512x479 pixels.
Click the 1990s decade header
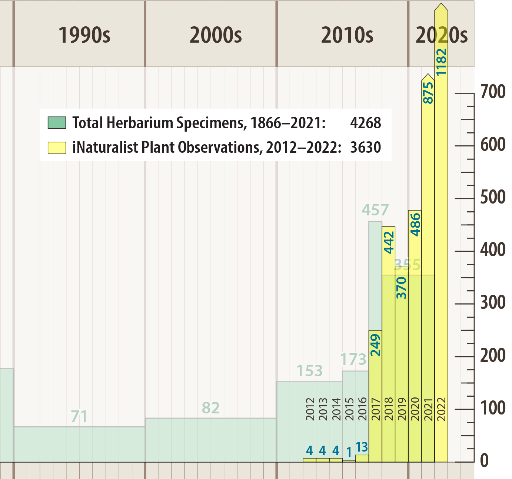(x=84, y=35)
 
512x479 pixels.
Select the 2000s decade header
(x=216, y=35)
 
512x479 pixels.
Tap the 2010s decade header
(x=347, y=35)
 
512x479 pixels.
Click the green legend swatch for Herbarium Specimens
(x=57, y=123)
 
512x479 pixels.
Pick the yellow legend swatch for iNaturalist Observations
(x=57, y=148)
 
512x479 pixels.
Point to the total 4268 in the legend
(x=365, y=123)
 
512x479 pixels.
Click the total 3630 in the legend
(x=365, y=148)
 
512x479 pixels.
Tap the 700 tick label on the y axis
(x=493, y=92)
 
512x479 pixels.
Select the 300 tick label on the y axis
(x=493, y=303)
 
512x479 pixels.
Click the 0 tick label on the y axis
(x=484, y=461)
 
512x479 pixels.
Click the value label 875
(x=428, y=93)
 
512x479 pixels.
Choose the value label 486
(x=415, y=225)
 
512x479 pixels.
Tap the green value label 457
(x=375, y=210)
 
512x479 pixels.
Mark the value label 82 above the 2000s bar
(x=211, y=408)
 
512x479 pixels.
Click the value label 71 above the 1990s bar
(x=79, y=417)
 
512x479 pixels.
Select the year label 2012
(x=310, y=409)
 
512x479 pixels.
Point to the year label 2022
(x=441, y=409)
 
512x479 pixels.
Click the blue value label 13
(x=362, y=447)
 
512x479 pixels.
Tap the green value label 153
(x=310, y=371)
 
